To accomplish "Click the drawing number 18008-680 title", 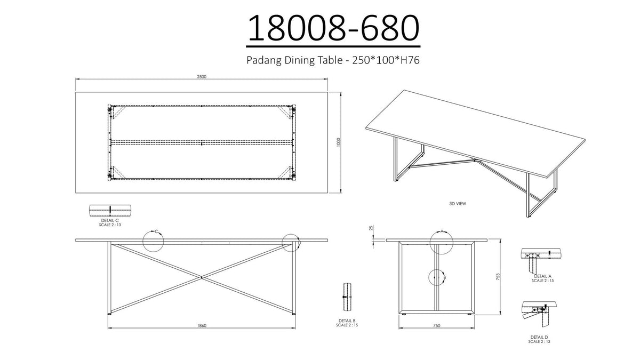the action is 333,28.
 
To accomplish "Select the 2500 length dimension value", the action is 202,77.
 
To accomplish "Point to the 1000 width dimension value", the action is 339,142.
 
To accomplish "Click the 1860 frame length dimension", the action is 202,325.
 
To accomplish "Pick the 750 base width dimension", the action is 437,325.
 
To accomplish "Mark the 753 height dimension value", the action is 498,277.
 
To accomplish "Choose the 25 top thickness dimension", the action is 371,228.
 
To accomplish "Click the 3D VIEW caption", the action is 458,204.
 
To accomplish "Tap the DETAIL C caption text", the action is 110,221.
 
